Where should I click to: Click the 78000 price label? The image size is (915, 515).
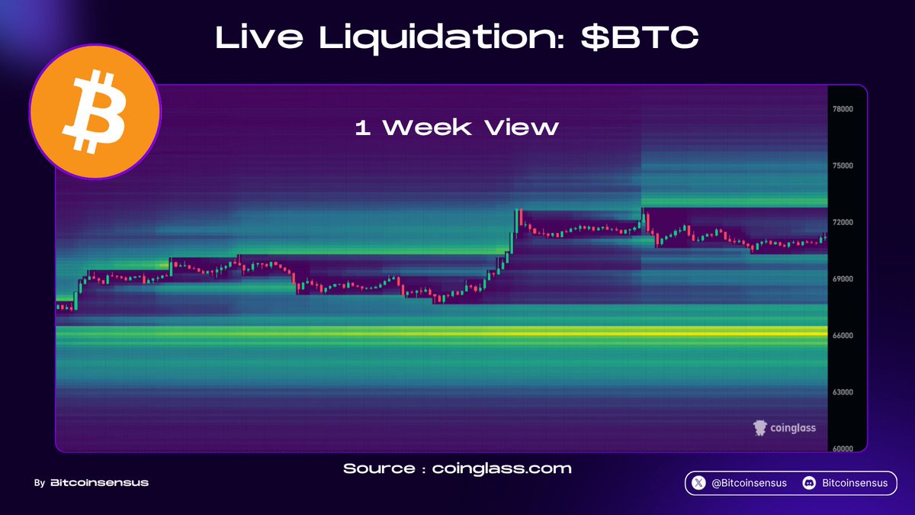coord(843,108)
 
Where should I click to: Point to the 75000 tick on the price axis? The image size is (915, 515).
coord(843,166)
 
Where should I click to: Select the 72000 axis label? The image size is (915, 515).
coord(843,222)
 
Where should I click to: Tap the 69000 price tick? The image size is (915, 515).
coord(843,278)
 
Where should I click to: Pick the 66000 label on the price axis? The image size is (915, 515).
coord(843,336)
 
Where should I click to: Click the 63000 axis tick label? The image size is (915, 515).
coord(843,392)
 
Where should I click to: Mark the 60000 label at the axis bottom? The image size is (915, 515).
coord(843,449)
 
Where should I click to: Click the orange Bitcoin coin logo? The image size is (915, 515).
coord(95,111)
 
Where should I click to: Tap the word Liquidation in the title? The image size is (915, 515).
coord(441,38)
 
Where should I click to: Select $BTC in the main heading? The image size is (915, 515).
coord(640,37)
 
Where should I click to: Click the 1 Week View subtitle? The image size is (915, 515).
coord(457,127)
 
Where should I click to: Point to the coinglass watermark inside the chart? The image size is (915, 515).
coord(785,428)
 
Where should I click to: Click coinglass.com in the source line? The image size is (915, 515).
coord(502,468)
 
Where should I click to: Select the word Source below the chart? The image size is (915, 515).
coord(379,468)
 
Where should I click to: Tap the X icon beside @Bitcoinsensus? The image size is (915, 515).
coord(698,483)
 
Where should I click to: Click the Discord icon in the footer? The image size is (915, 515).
coord(809,483)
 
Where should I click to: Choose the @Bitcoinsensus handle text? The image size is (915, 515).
coord(749,483)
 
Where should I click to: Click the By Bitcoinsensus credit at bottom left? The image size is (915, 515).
coord(91,483)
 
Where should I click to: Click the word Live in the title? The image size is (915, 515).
coord(259,37)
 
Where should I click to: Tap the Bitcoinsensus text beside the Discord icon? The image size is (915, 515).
coord(855,483)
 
